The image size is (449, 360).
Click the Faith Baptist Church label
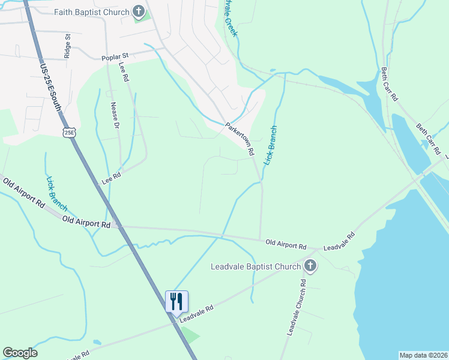point(91,12)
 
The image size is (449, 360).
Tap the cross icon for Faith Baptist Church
point(139,11)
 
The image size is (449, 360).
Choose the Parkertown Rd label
point(240,139)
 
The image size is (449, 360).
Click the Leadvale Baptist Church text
point(255,266)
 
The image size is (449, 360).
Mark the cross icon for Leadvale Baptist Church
point(310,265)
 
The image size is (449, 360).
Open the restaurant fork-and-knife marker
point(176,301)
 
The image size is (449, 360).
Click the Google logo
point(20,353)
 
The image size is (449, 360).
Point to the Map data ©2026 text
point(423,355)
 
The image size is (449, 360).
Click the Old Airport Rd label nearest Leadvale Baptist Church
point(286,246)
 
